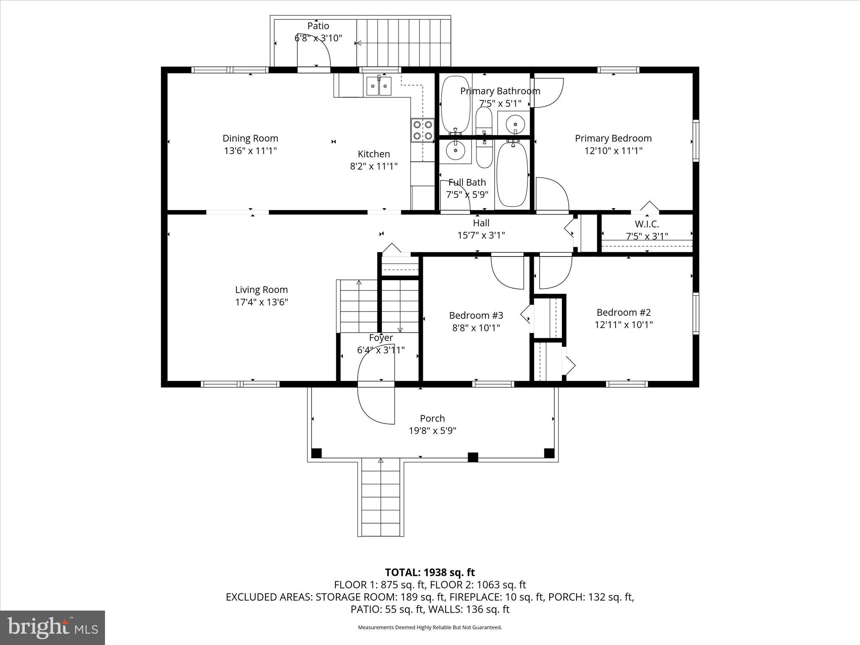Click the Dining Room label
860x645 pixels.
click(x=250, y=139)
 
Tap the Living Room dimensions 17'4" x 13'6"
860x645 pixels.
click(x=261, y=302)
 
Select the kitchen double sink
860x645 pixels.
click(x=379, y=86)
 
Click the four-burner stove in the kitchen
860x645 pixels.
click(x=422, y=130)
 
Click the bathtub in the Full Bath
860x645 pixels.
click(x=512, y=174)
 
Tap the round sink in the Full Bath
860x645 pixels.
click(x=455, y=149)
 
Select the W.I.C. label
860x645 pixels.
click(x=647, y=224)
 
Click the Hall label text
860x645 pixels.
click(x=481, y=223)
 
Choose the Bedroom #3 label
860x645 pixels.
click(x=476, y=315)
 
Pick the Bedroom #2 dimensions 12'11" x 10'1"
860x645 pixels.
click(x=624, y=325)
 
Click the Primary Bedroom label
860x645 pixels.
click(x=613, y=139)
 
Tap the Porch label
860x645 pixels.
click(x=432, y=418)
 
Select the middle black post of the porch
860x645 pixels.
click(x=473, y=457)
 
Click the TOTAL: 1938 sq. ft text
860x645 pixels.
click(x=430, y=572)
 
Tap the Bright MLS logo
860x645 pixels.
click(x=52, y=627)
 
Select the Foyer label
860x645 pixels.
click(x=381, y=338)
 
